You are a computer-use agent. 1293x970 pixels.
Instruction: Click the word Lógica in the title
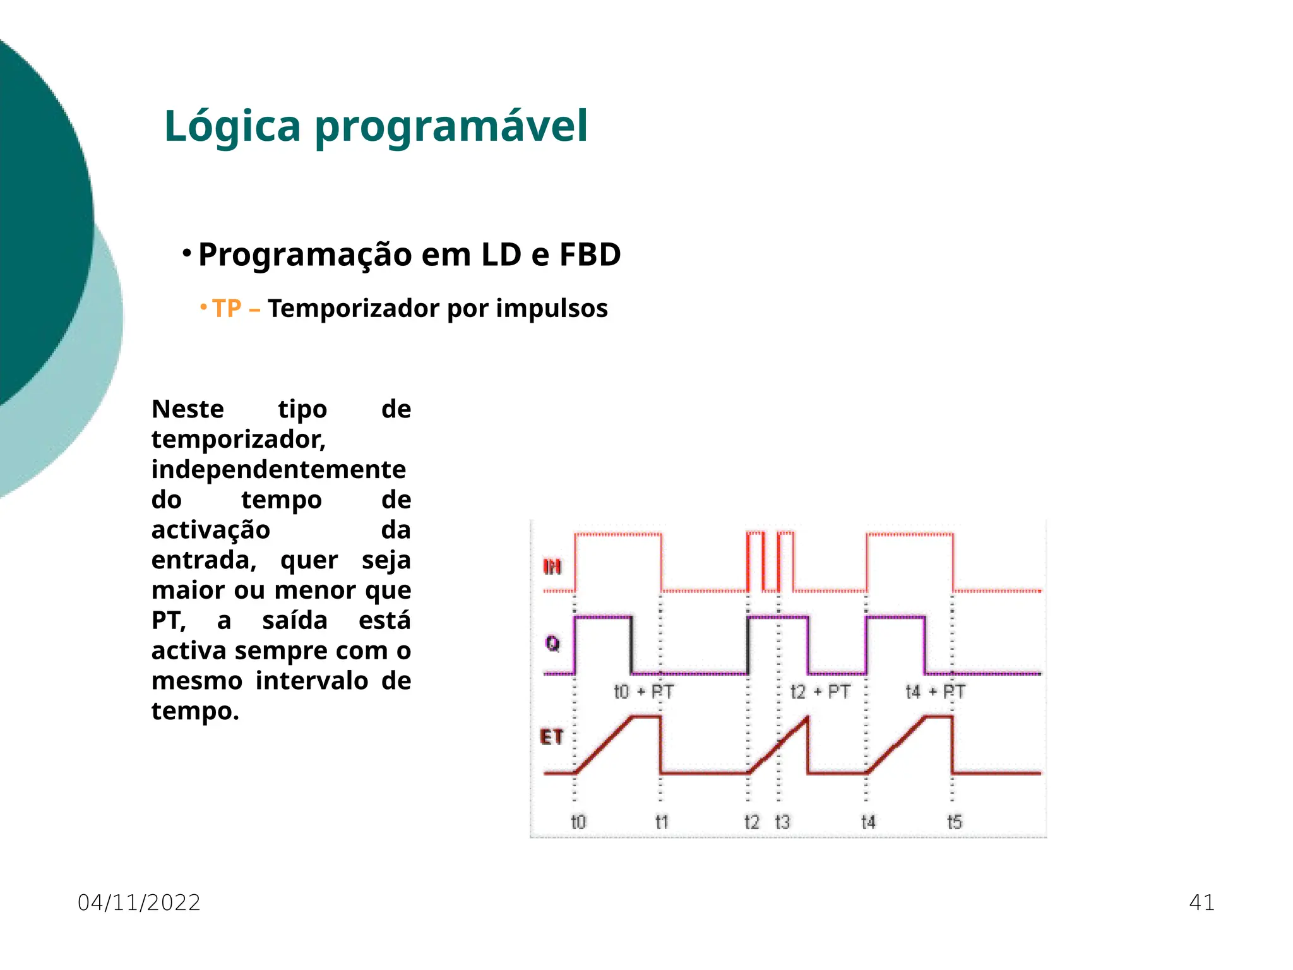click(232, 126)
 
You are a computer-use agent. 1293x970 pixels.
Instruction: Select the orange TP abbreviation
click(227, 309)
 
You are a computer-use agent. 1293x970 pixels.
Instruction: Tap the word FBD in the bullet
click(590, 255)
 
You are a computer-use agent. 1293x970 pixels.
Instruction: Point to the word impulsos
click(551, 309)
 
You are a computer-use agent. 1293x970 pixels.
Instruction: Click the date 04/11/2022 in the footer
click(139, 902)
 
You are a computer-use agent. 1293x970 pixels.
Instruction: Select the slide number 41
click(1201, 902)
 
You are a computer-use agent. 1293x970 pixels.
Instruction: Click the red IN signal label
click(552, 567)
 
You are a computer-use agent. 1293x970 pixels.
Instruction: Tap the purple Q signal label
click(552, 644)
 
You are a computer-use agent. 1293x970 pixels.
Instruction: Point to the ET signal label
click(551, 737)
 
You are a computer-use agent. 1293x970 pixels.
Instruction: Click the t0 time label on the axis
click(578, 822)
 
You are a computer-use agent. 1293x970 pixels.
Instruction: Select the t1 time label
click(662, 822)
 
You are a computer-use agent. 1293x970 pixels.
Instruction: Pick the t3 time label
click(782, 822)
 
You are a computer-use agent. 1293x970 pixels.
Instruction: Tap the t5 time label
click(954, 822)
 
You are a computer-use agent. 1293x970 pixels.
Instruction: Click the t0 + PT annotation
click(643, 692)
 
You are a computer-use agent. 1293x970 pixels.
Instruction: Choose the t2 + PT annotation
click(820, 692)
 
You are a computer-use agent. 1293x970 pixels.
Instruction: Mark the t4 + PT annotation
click(935, 692)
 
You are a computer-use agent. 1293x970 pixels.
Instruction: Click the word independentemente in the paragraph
click(278, 470)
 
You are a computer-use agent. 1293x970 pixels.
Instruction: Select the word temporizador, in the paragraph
click(239, 440)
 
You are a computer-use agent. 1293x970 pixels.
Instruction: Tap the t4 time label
click(868, 822)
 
